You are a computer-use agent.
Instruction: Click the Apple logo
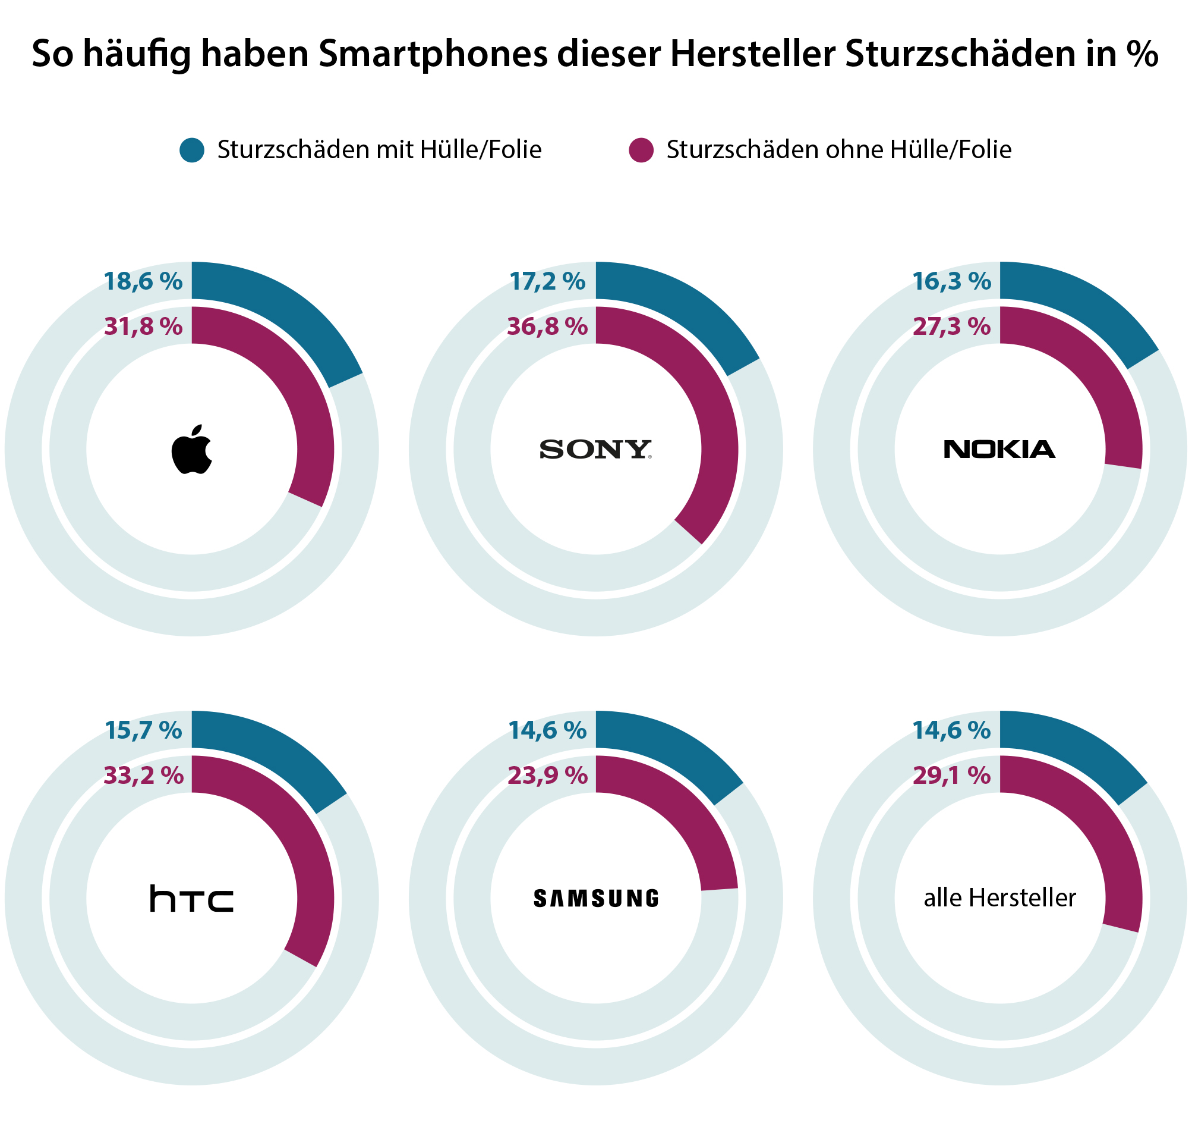click(x=192, y=450)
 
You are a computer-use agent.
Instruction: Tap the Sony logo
click(x=595, y=450)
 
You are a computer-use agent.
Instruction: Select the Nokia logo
click(x=999, y=450)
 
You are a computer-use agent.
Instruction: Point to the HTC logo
click(x=192, y=898)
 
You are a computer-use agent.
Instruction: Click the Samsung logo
click(x=595, y=899)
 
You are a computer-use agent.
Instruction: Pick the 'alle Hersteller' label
click(x=999, y=898)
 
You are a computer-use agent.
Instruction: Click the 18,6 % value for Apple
click(x=143, y=281)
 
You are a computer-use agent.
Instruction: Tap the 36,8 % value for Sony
click(x=547, y=327)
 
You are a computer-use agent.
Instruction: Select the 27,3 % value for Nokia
click(x=951, y=327)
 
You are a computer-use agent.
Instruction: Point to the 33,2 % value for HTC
click(x=143, y=776)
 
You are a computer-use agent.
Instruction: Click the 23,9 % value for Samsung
click(x=547, y=776)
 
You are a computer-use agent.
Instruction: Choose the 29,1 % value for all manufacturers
click(x=951, y=776)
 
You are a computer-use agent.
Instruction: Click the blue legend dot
click(x=192, y=150)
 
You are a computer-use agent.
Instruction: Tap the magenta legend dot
click(x=641, y=150)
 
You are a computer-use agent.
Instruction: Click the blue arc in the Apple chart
click(x=283, y=308)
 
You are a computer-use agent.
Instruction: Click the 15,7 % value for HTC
click(x=143, y=730)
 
